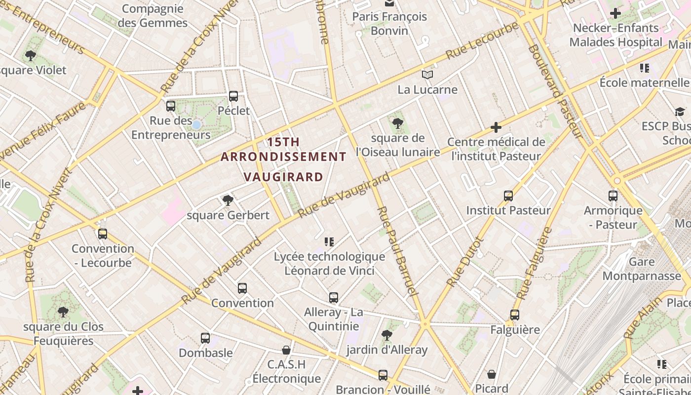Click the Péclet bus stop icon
click(x=233, y=96)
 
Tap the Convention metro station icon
click(x=242, y=288)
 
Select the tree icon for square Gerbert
click(x=228, y=200)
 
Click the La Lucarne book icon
click(x=427, y=75)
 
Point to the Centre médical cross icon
click(x=496, y=128)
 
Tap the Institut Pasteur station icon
click(x=508, y=196)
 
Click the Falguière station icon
click(x=515, y=315)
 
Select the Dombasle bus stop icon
click(x=205, y=338)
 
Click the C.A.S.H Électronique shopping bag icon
click(x=286, y=350)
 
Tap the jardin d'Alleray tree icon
click(x=387, y=335)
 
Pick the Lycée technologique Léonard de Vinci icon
click(x=329, y=242)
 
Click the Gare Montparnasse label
click(x=642, y=269)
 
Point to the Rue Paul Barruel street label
click(x=397, y=252)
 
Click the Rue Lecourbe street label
click(x=482, y=40)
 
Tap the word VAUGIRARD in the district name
click(x=284, y=177)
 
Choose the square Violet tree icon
click(x=31, y=56)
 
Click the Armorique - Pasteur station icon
click(x=613, y=196)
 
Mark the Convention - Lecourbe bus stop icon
click(x=103, y=234)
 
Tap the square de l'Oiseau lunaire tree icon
click(x=397, y=123)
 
